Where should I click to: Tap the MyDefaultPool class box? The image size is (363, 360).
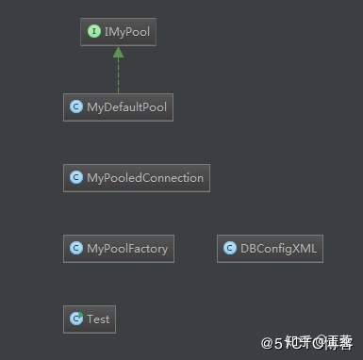[x=118, y=106]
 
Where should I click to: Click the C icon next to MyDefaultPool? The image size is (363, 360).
[x=75, y=107]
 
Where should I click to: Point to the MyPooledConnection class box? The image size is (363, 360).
[x=136, y=177]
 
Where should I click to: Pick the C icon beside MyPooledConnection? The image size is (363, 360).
[x=75, y=177]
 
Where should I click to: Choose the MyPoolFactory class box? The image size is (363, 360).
[x=118, y=249]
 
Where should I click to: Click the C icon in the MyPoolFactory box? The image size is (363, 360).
[x=75, y=249]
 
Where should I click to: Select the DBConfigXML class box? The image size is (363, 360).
[x=270, y=249]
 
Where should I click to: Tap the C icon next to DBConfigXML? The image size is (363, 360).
[x=229, y=249]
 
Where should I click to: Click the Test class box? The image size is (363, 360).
[x=90, y=319]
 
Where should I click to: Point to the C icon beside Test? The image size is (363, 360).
[x=75, y=319]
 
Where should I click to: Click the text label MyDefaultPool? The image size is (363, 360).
[x=126, y=107]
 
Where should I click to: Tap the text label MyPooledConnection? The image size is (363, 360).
[x=144, y=177]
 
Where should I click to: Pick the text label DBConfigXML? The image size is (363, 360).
[x=278, y=249]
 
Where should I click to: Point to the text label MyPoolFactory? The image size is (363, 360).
[x=126, y=249]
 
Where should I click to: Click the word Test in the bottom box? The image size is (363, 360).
[x=98, y=319]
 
